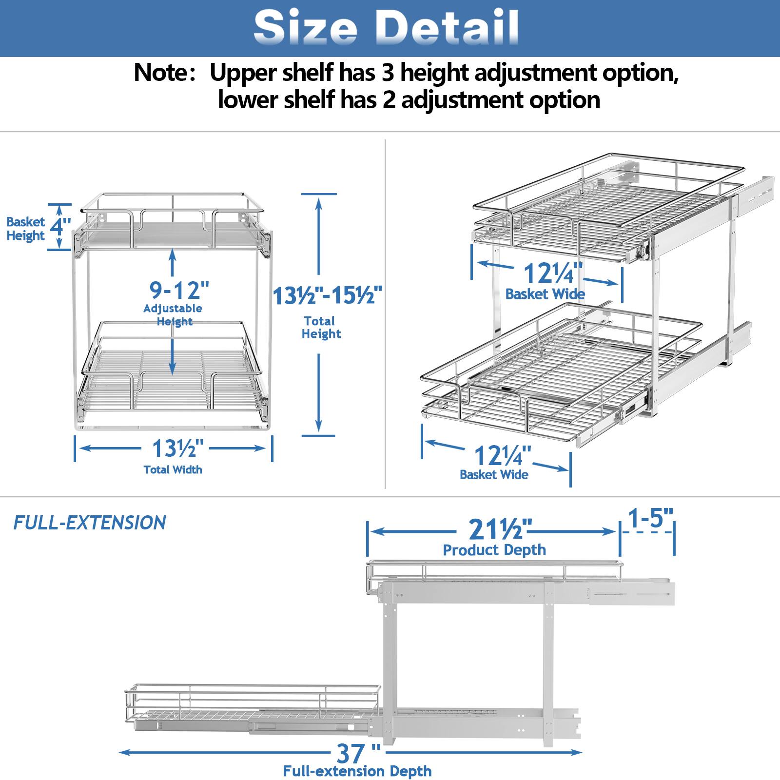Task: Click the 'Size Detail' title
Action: tap(386, 27)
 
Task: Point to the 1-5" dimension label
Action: tap(651, 518)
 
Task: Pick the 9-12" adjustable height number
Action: tap(179, 291)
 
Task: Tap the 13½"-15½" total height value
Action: tap(327, 295)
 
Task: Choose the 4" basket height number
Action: tap(60, 227)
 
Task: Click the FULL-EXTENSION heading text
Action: tap(90, 523)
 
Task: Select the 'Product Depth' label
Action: tap(494, 550)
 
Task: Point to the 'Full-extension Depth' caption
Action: tap(357, 771)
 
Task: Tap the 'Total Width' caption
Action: tap(173, 470)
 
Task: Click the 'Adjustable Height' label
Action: tap(173, 315)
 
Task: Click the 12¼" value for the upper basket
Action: tap(553, 273)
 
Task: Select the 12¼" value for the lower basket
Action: tap(503, 455)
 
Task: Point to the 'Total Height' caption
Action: tap(320, 328)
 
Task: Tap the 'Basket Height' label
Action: tap(25, 229)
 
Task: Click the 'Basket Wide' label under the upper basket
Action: tap(545, 294)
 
